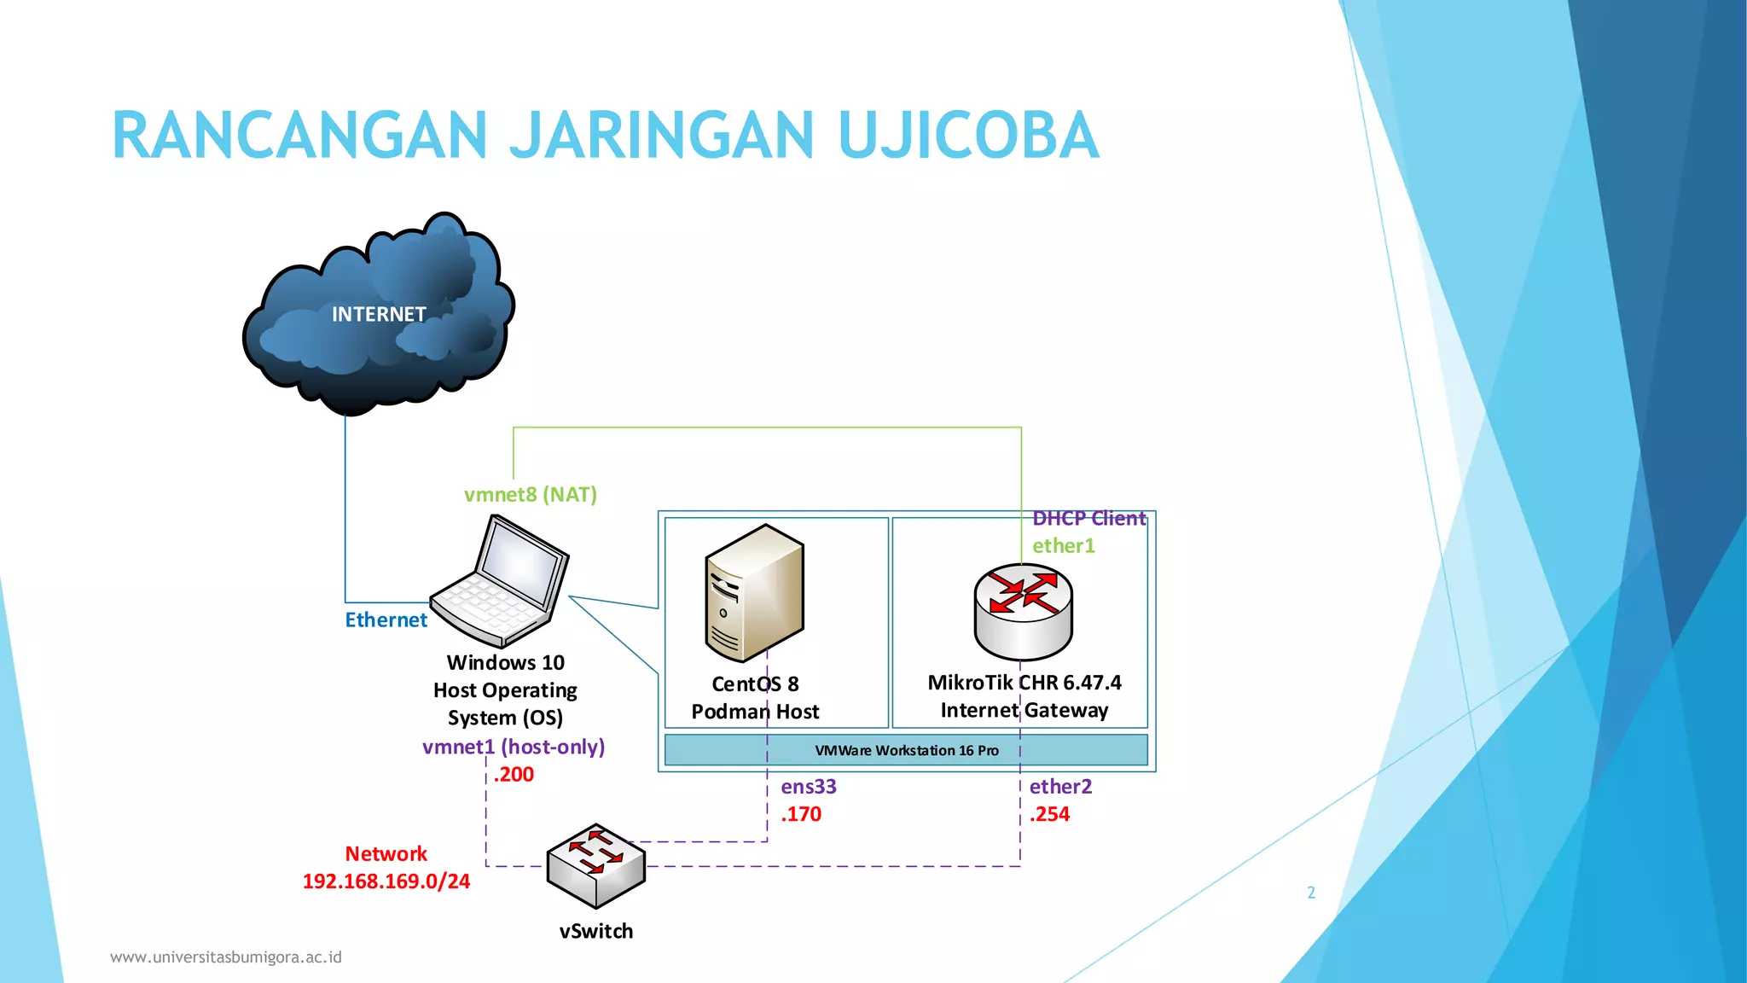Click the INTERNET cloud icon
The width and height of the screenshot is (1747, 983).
coord(378,316)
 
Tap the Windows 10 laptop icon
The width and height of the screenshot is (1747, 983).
coord(502,582)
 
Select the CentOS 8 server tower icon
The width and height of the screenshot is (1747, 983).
coord(755,593)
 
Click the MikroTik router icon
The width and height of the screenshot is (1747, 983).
coord(1023,611)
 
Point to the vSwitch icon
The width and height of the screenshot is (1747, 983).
coord(596,865)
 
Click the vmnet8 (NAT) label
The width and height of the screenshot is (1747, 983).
coord(530,495)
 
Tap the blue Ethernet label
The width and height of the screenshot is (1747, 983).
coord(386,620)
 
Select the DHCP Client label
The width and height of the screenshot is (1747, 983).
coord(1088,519)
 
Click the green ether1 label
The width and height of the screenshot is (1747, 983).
coord(1063,546)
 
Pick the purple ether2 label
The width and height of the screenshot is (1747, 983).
coord(1060,787)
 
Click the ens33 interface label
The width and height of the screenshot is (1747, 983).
coord(809,787)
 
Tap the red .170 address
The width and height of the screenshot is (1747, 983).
coord(801,814)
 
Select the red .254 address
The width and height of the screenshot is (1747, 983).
coord(1049,814)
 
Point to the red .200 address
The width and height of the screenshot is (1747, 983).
coord(514,775)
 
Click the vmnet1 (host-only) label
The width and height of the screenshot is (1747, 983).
coord(514,747)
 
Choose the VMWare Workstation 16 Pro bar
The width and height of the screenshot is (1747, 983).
coord(906,751)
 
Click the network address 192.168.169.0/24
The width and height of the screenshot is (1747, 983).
coord(386,881)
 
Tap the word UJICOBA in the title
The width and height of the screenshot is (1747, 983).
coord(968,136)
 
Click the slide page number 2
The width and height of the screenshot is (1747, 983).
coord(1311,893)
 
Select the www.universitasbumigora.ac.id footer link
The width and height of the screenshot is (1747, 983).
coord(226,957)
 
